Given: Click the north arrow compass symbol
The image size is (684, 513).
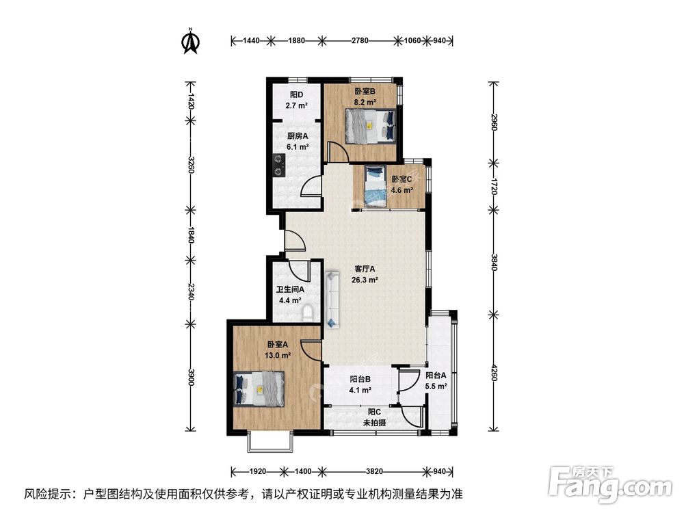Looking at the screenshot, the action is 191,40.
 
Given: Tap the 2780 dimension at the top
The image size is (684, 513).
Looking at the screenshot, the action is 360,40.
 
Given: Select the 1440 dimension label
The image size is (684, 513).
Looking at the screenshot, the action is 251,40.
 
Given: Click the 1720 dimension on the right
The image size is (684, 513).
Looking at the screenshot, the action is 494,186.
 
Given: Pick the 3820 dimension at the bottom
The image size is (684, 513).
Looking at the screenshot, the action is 374,471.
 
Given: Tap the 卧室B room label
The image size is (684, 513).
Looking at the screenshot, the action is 365,92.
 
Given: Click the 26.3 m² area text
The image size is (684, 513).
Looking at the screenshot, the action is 365,280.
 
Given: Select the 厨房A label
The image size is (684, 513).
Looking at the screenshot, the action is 298,136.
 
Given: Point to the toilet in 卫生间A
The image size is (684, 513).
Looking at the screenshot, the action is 308,314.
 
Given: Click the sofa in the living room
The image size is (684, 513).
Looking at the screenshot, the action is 332,300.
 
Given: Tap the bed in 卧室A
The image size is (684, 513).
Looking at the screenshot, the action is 259,389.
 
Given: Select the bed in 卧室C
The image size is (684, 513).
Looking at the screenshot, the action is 375,187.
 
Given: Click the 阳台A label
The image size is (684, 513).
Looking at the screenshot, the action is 436,375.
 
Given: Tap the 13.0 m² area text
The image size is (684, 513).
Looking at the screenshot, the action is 278,356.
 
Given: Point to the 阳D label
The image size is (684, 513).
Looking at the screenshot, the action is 297,94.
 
